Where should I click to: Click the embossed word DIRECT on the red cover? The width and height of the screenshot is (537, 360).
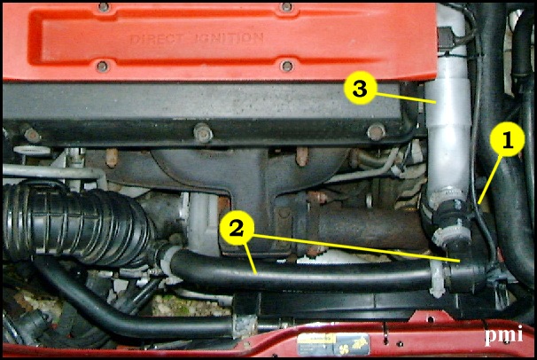click(x=161, y=39)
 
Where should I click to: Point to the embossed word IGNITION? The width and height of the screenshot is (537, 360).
click(x=231, y=39)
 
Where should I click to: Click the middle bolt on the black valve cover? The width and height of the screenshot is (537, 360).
click(x=204, y=134)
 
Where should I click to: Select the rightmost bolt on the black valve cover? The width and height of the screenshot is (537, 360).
click(x=377, y=133)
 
